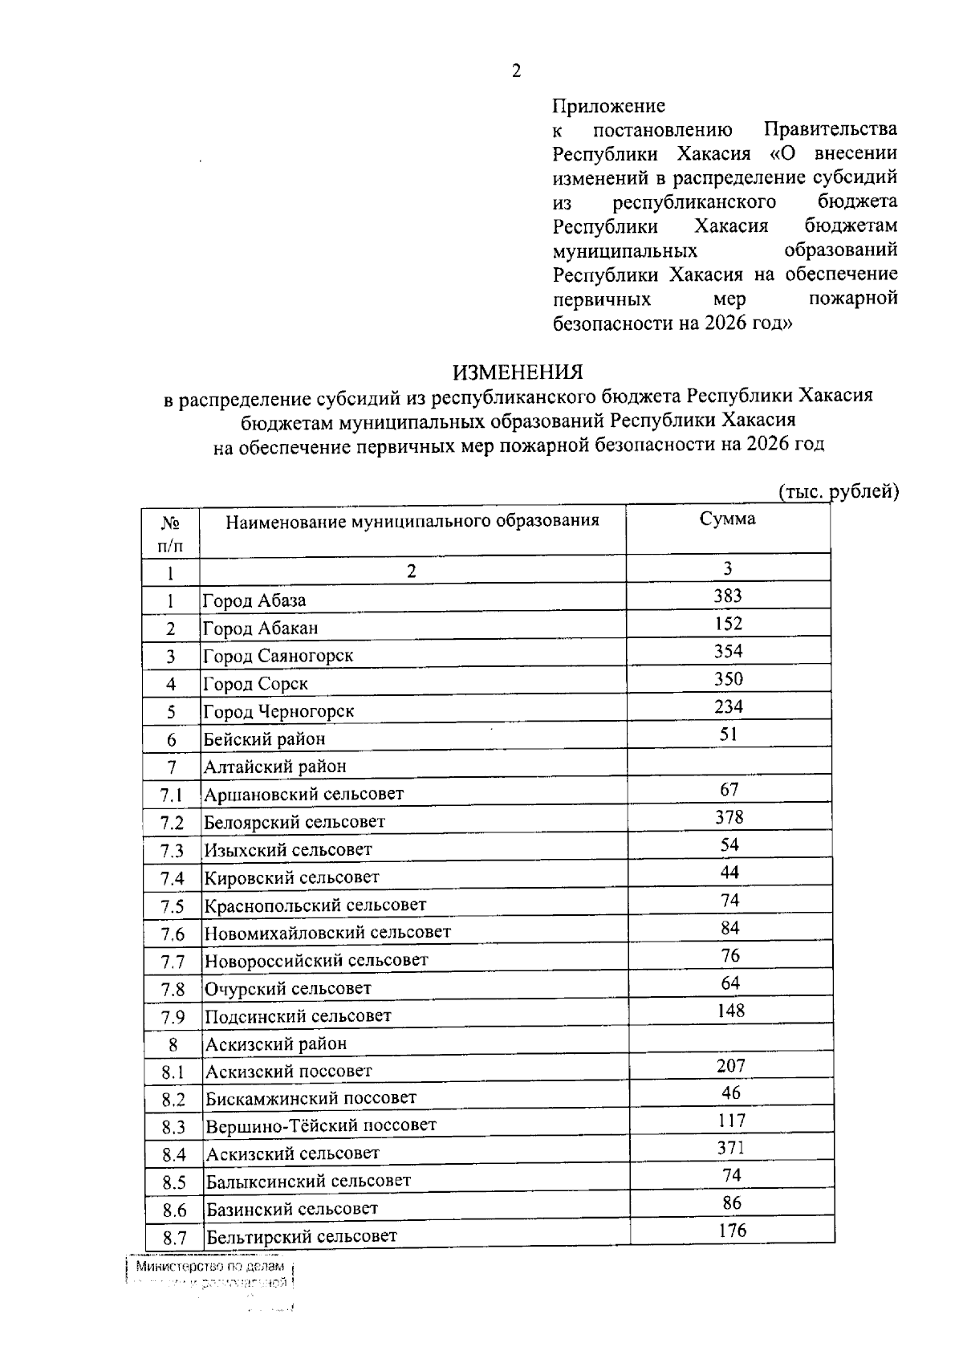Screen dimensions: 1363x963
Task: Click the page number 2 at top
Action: tap(516, 71)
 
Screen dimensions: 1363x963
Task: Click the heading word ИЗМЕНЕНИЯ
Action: tap(518, 372)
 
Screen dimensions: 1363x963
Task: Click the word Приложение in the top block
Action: tap(608, 106)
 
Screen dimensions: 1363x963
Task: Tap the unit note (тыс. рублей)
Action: tap(838, 491)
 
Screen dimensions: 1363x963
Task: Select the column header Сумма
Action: tap(727, 519)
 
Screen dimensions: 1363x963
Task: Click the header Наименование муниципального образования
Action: tap(412, 521)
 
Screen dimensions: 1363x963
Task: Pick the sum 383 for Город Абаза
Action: tap(728, 596)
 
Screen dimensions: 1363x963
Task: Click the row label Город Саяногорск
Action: tap(278, 656)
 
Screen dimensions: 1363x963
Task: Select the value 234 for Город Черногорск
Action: tap(728, 706)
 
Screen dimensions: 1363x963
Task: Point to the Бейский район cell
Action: tap(264, 738)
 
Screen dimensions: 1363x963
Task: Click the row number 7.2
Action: tap(172, 823)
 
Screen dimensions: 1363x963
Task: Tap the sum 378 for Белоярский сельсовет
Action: tap(729, 817)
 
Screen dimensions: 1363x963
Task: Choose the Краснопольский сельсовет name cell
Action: tap(315, 905)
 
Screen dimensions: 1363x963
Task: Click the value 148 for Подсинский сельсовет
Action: tap(730, 1011)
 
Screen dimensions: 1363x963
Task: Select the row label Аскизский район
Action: tap(276, 1044)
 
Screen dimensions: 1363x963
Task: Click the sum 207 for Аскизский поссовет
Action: tap(730, 1066)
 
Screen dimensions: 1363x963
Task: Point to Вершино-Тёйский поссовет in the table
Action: tap(321, 1125)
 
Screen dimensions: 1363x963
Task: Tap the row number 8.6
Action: tap(173, 1210)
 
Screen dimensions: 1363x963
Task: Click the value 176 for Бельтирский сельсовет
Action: tap(732, 1230)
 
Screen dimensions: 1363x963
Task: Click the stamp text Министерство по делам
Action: tap(209, 1267)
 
